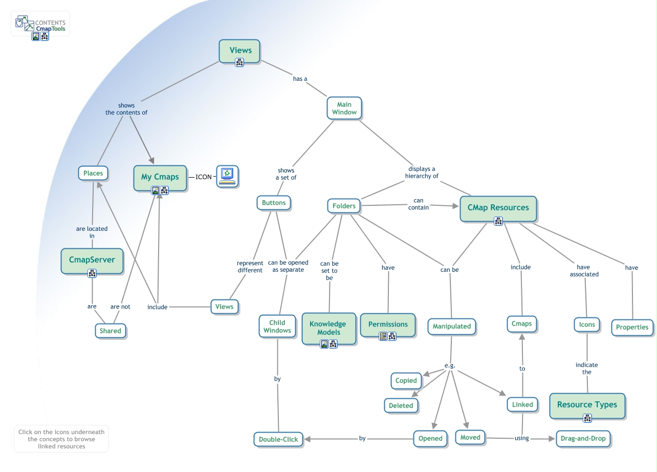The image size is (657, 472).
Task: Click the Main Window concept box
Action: tap(344, 108)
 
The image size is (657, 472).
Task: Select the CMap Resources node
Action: tap(498, 207)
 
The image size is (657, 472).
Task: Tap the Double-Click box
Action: tap(278, 439)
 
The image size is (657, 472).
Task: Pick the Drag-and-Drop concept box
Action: tap(583, 438)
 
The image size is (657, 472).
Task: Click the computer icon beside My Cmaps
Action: tap(227, 176)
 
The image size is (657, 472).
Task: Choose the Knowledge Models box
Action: tap(328, 328)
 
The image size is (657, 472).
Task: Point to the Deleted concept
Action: tap(401, 405)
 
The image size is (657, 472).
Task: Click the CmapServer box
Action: tap(92, 260)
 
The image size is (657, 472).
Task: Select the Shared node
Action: tap(110, 331)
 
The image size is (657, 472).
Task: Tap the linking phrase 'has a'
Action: tap(300, 79)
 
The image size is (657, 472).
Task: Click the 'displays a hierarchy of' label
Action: tap(422, 173)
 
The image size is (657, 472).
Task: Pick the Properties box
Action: tap(632, 327)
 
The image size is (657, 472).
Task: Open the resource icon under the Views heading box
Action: tap(239, 62)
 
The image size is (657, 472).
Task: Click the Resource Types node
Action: tap(587, 404)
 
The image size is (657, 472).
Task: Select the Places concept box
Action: tap(93, 173)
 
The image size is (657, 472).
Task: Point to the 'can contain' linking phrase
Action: tap(418, 204)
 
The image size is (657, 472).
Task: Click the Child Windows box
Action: tap(277, 326)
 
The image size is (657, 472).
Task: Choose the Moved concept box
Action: tap(470, 437)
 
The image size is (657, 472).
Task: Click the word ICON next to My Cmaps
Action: tap(204, 177)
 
